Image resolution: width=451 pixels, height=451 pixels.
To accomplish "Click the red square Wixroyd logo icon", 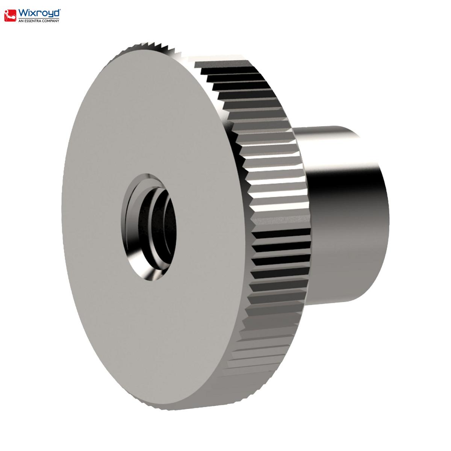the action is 10,15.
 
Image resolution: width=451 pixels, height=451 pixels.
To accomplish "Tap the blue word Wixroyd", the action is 39,13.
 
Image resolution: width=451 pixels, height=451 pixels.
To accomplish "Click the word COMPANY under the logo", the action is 51,21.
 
